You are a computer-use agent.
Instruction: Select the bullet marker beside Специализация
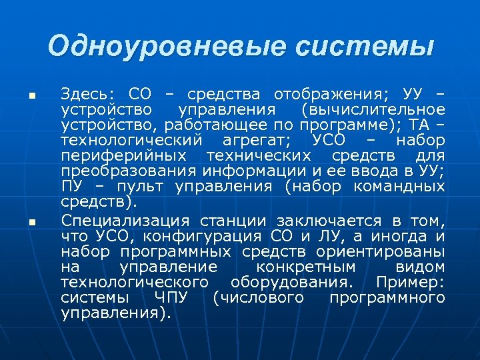coord(31,222)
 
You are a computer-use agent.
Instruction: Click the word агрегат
coord(257,140)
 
